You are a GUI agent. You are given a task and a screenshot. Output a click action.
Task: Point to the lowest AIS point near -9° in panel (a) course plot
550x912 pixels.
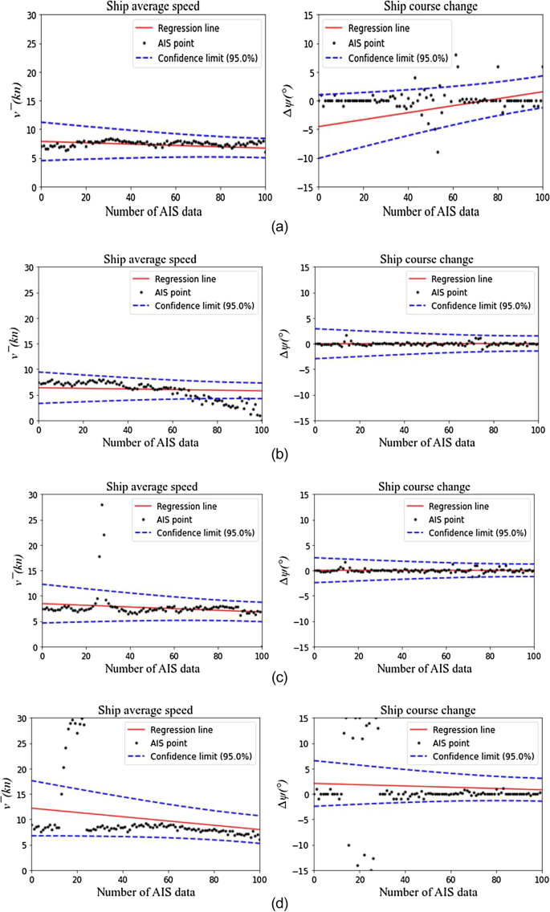pyautogui.click(x=438, y=152)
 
